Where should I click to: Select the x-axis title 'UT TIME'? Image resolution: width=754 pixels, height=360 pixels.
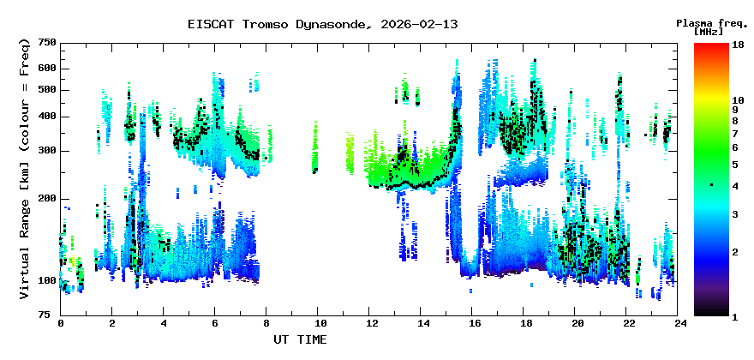pos(300,339)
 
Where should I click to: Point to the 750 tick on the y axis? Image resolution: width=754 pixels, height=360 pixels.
pos(46,43)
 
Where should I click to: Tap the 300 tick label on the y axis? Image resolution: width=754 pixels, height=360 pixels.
pos(46,151)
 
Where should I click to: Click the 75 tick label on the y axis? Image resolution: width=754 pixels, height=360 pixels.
pos(50,315)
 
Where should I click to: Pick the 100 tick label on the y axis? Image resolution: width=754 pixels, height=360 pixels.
pos(46,281)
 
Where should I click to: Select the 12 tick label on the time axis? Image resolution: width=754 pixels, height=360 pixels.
pos(371,323)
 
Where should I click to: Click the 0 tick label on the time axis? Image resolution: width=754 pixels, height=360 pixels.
pos(61,323)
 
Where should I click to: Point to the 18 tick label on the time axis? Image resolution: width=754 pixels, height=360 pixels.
pos(526,323)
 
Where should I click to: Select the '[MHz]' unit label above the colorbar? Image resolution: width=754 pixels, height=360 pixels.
pos(709,32)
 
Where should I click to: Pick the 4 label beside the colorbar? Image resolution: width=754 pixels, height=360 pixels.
pos(734,186)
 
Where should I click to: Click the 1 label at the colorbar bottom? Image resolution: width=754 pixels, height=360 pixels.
pos(734,316)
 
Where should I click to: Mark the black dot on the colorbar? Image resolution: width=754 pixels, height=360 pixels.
pos(711,185)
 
